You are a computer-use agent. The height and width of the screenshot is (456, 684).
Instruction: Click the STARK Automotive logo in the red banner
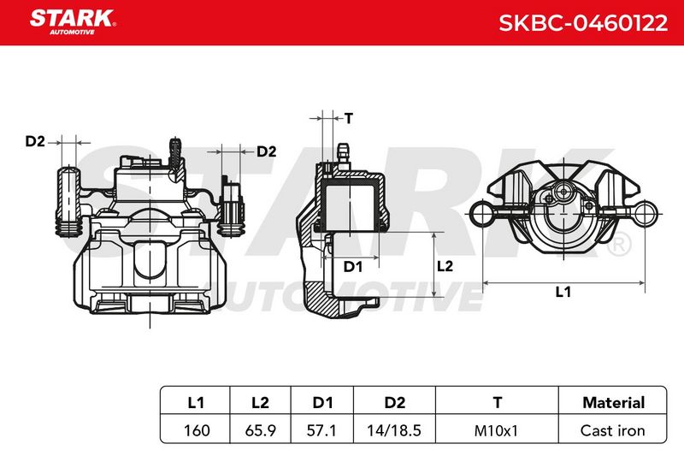point(73,22)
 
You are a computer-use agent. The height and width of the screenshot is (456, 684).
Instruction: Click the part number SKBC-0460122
point(583,23)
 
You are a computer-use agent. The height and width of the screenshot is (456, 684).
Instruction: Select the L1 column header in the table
point(196,402)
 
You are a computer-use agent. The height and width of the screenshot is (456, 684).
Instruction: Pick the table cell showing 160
point(197,430)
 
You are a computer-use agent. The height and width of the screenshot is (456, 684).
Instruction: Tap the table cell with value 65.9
point(261,430)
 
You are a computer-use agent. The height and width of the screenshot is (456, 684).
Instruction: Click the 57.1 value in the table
point(322,430)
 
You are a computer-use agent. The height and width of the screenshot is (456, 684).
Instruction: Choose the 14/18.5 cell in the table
point(394,430)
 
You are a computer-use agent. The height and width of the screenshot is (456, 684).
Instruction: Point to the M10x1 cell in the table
point(496,430)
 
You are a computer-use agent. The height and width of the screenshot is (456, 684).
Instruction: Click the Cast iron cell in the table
point(612,430)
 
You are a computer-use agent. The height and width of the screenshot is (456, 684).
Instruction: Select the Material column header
point(613,402)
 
